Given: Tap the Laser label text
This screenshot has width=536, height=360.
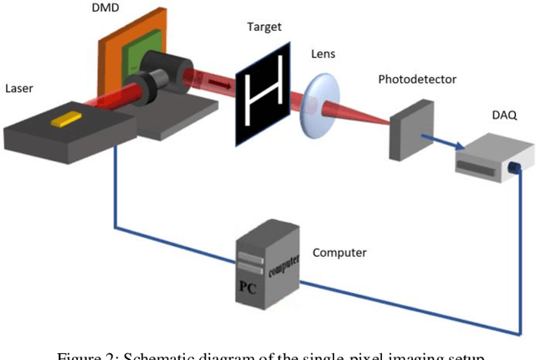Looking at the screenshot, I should click(x=22, y=87).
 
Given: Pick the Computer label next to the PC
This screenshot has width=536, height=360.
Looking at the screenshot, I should click(x=339, y=251).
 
